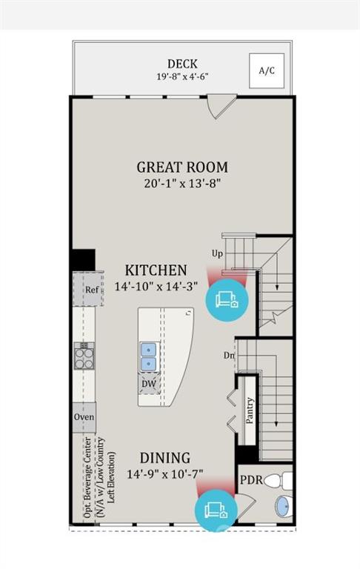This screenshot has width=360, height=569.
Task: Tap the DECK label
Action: (x=181, y=64)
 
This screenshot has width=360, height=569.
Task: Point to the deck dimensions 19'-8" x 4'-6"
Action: (x=181, y=76)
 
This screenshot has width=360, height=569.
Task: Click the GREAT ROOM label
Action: (x=181, y=167)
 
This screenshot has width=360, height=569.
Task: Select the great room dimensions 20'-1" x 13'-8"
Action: (x=181, y=183)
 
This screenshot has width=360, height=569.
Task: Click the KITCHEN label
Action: (x=156, y=270)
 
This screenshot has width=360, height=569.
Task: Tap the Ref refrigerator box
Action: (x=91, y=290)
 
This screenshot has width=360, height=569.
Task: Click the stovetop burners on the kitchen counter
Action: (x=84, y=357)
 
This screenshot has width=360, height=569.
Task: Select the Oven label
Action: (x=83, y=416)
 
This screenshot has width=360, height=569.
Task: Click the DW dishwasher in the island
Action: (x=148, y=384)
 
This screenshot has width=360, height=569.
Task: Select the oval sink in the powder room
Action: (x=283, y=508)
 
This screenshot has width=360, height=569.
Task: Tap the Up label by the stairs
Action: (x=217, y=253)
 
